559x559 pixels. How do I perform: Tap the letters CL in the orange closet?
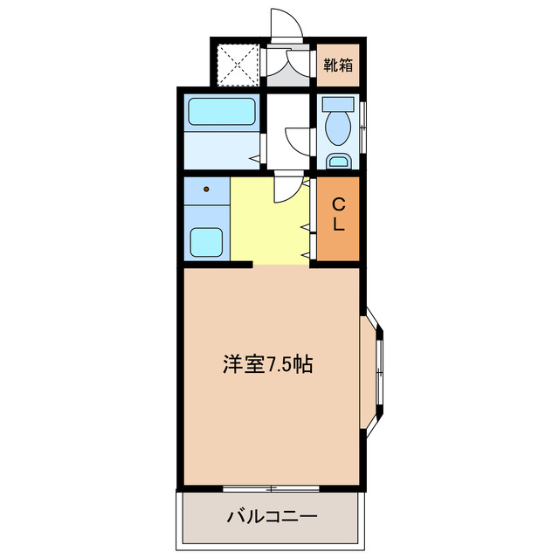point(337,214)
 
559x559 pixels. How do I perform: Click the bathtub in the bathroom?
point(222,112)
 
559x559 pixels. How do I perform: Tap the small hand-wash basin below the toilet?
point(337,161)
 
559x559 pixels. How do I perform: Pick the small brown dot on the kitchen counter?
point(207,189)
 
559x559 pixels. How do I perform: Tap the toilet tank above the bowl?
point(336,103)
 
